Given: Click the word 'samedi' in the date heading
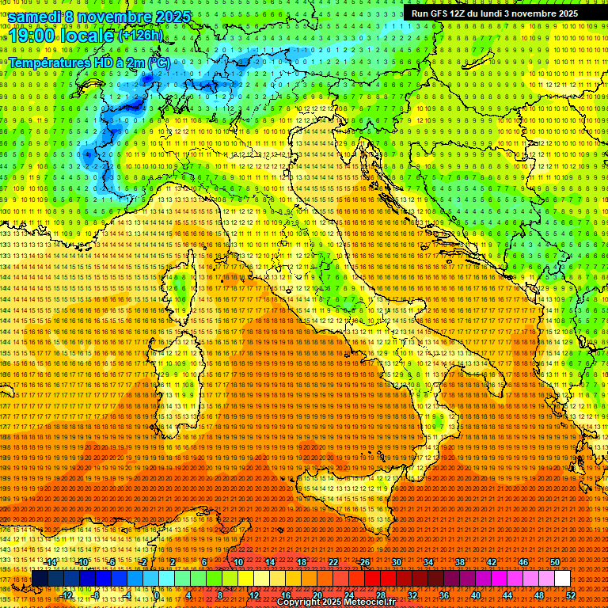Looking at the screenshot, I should tap(35, 16).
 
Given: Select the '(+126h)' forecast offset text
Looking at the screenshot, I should tap(140, 35).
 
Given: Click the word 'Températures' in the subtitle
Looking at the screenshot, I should tap(49, 62).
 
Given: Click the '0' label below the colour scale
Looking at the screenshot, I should tap(158, 595).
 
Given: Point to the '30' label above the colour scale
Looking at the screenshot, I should tap(397, 562).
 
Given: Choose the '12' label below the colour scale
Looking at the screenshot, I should tap(253, 595).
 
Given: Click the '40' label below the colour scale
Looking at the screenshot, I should tap(476, 595).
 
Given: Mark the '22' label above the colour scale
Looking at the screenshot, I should tap(333, 562).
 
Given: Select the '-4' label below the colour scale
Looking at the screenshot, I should tap(127, 595).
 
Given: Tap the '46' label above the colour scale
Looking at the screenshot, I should tap(523, 562).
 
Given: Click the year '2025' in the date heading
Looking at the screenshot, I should tap(170, 16).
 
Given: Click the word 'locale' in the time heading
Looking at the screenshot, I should tap(87, 36).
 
